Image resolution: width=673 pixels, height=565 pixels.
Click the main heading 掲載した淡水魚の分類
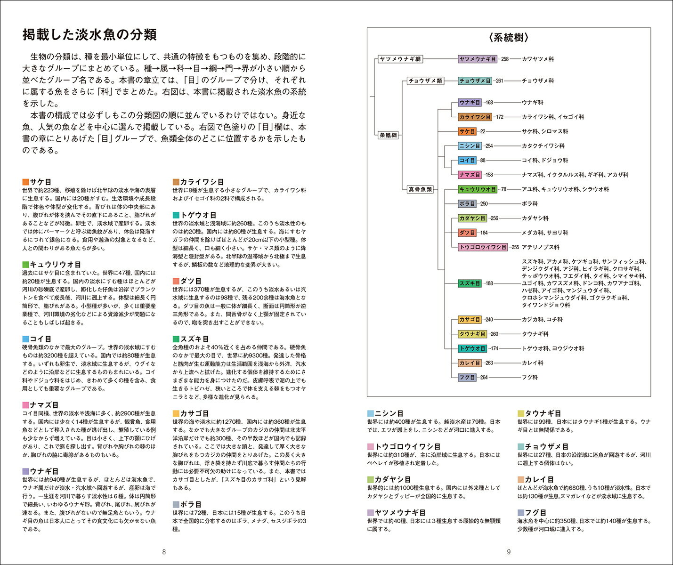point(89,35)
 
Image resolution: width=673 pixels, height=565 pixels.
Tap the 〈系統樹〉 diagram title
point(509,38)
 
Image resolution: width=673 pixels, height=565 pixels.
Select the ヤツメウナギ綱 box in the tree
point(400,59)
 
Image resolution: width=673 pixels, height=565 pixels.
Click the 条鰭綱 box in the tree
point(388,135)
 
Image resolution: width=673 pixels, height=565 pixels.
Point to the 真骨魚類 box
point(420,189)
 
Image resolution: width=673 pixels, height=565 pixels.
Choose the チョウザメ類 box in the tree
point(425,81)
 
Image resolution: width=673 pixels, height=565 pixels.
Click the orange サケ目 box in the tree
point(467,131)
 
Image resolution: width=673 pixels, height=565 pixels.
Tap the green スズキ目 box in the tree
point(470,283)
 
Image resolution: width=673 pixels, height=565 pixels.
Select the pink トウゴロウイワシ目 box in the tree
point(483,247)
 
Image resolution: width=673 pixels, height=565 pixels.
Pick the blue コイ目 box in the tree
point(467,161)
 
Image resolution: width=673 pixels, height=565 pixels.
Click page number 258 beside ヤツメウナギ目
point(504,59)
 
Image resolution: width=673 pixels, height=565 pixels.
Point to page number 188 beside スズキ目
point(489,283)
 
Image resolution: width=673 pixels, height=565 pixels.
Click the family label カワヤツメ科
point(538,59)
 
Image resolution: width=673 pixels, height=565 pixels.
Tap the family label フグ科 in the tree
point(529,378)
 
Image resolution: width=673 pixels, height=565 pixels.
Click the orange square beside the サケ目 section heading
point(25,182)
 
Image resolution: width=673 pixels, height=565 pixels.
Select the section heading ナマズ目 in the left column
point(44,405)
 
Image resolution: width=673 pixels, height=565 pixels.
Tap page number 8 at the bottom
point(164,552)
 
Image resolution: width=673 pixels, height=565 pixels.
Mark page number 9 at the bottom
point(509,552)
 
